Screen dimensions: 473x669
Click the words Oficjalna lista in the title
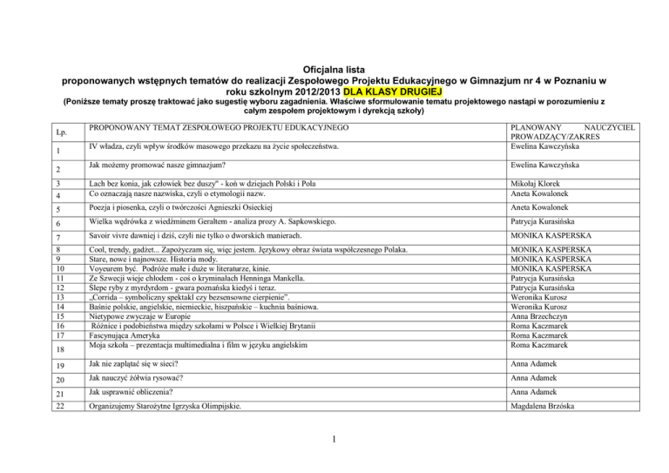click(x=334, y=64)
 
